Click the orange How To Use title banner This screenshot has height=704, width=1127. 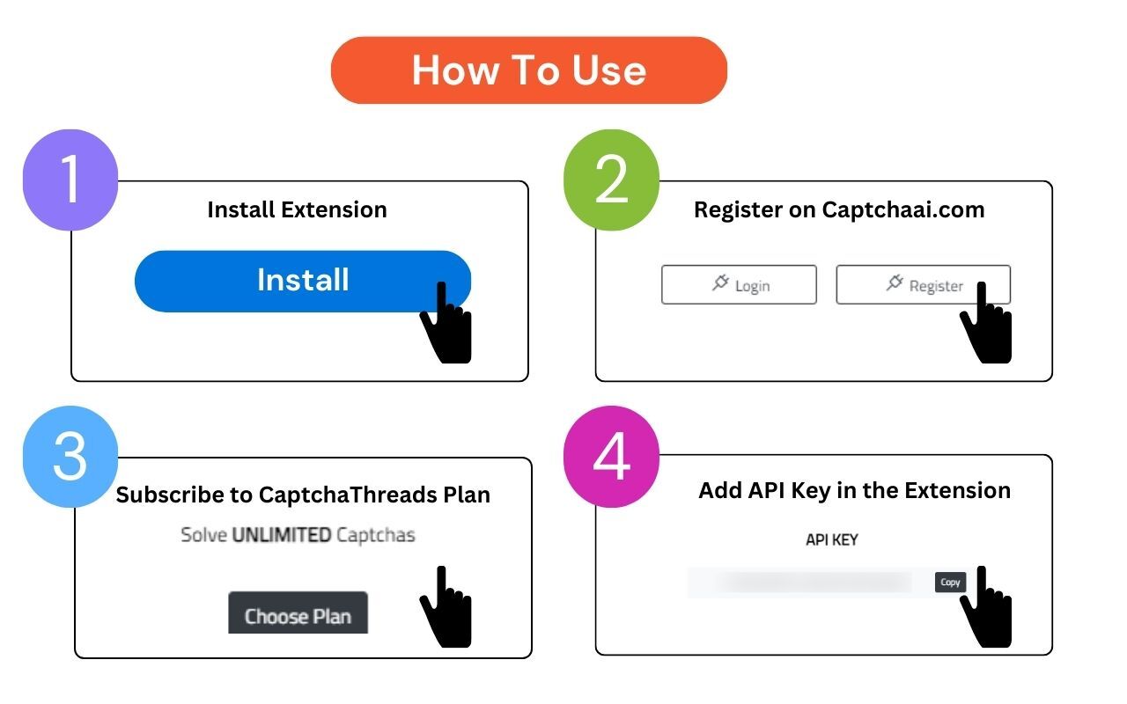point(528,70)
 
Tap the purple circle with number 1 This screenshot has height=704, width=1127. point(70,180)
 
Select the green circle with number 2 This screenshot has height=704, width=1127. point(611,180)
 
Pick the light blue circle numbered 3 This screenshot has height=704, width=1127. point(70,457)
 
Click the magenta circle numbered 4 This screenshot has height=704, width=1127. point(611,457)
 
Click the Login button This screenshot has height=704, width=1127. point(739,285)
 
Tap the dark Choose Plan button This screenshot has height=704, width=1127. point(298,613)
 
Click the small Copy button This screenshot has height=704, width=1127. point(950,582)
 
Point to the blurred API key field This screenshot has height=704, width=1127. point(810,583)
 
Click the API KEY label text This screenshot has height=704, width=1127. point(831,539)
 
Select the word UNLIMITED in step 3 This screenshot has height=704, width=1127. point(282,534)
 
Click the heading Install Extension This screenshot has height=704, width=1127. point(297,209)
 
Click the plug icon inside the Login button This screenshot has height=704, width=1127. point(720,283)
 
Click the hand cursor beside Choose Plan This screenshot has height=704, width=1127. point(446,607)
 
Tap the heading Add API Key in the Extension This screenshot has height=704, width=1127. point(854,490)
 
